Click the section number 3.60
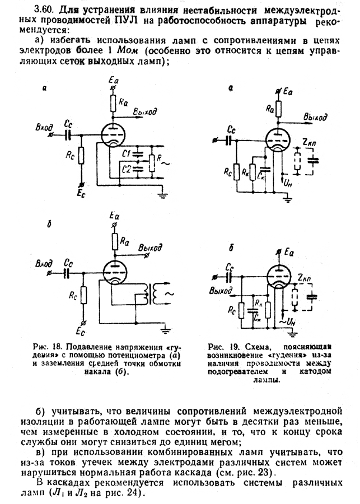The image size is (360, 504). coord(45,10)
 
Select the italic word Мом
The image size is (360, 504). coord(127,50)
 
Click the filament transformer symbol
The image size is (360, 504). coord(151,295)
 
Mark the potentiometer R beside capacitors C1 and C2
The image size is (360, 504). coord(152,163)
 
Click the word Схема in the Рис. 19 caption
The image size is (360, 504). coord(257,347)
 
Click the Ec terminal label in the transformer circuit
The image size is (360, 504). coord(81,331)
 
